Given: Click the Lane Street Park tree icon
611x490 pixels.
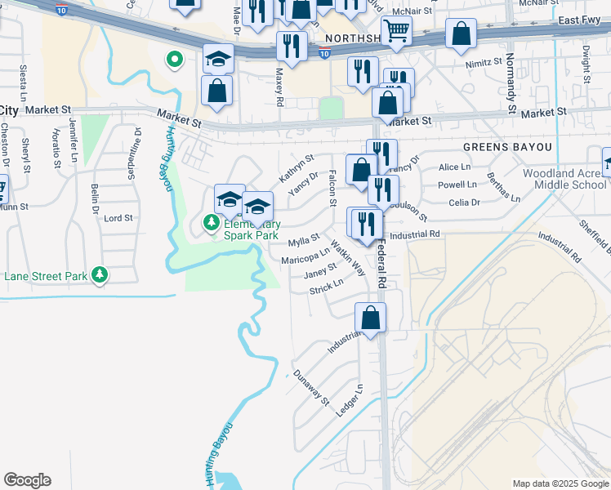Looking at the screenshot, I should click(100, 276).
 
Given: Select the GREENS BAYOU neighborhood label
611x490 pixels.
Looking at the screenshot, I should click(506, 147).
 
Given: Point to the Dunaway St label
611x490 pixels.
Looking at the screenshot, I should click(311, 388).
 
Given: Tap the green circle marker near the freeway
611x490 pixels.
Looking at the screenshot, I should click(173, 59).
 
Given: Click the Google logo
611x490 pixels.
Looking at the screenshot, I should click(27, 480).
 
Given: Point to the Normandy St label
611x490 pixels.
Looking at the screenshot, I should click(511, 84).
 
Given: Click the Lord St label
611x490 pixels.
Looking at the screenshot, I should click(118, 218).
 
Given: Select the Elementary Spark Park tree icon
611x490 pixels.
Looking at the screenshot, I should click(211, 221).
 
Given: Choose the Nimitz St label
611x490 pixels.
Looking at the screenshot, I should click(483, 62).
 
